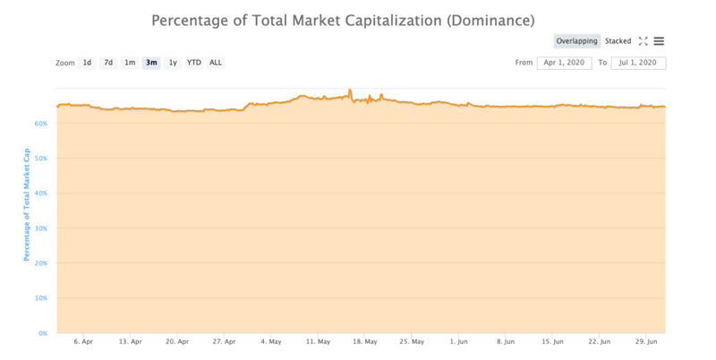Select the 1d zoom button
click(x=87, y=63)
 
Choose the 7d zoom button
click(x=108, y=63)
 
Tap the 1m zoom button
click(x=130, y=63)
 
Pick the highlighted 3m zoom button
click(x=151, y=63)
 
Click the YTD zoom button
click(x=193, y=63)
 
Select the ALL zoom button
click(x=216, y=63)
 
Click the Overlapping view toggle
click(x=577, y=41)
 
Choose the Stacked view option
click(x=618, y=41)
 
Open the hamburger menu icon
click(x=659, y=41)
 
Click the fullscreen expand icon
click(x=643, y=41)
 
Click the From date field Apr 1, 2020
click(x=564, y=63)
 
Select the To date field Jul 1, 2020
click(x=638, y=63)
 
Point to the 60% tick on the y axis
click(x=41, y=124)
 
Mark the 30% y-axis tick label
click(x=41, y=228)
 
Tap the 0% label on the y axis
click(x=43, y=333)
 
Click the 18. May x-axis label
click(x=364, y=341)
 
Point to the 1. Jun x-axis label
click(x=459, y=341)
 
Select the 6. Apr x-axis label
click(x=83, y=341)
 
